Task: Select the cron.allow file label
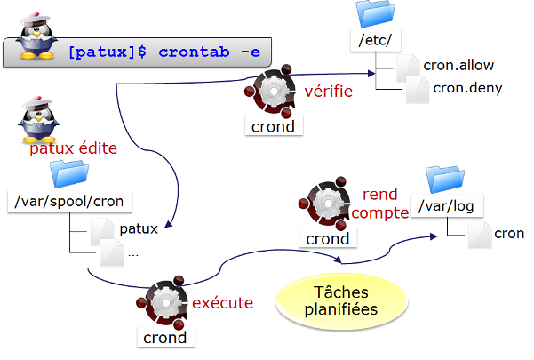pos(458,65)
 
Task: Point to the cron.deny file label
pos(466,87)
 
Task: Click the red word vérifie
pos(329,91)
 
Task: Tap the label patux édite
pos(73,149)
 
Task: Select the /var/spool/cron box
pos(70,201)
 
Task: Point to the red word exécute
pos(222,302)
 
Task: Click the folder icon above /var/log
pos(443,179)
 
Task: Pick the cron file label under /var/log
pos(509,234)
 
